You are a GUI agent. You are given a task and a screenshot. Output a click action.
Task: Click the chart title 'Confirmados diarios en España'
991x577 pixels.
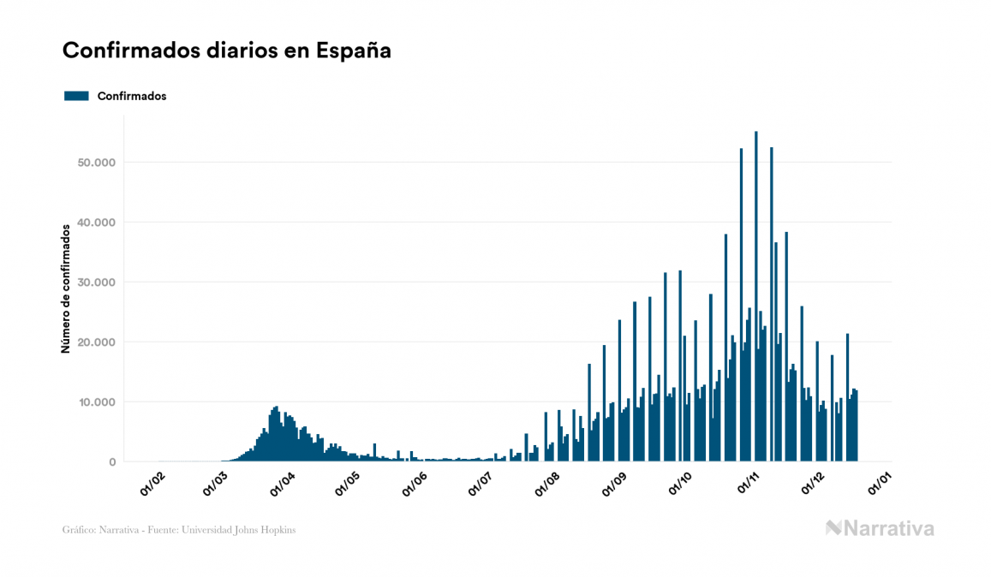tap(227, 51)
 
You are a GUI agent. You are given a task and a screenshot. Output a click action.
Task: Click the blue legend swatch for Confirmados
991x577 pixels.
tap(76, 96)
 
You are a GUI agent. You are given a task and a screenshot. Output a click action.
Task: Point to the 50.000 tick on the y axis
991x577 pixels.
tap(97, 163)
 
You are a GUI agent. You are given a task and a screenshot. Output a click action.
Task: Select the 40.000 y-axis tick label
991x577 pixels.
tap(97, 223)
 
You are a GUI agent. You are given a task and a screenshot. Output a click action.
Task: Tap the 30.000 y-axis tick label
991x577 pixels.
tap(97, 283)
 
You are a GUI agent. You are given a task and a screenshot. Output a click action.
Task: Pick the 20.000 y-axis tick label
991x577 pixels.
tap(97, 342)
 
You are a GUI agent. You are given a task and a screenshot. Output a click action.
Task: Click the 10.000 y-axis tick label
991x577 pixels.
tap(97, 402)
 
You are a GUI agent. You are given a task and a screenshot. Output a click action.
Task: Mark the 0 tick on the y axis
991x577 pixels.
tap(111, 462)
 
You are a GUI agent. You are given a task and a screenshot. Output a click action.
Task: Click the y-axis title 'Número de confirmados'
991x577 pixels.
tap(66, 288)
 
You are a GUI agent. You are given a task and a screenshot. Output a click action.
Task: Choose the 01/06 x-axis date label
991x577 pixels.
tap(415, 482)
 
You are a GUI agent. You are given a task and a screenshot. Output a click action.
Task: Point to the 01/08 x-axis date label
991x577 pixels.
tap(546, 482)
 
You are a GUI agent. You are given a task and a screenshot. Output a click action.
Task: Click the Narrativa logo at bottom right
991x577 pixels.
tap(880, 528)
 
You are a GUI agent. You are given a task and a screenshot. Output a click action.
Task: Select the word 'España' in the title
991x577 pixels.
tap(354, 51)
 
